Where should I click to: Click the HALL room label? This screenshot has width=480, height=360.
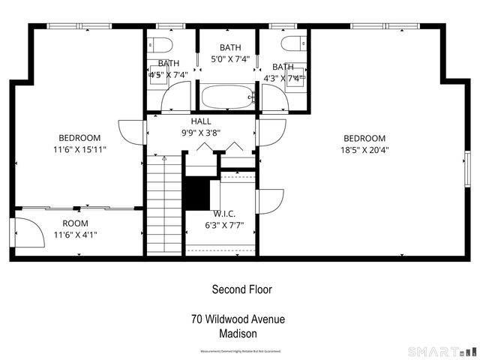(x=201, y=121)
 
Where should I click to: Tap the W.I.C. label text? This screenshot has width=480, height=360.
(x=224, y=213)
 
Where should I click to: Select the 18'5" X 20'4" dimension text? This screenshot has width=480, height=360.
(x=364, y=149)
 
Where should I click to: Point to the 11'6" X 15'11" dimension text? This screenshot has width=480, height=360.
(x=79, y=149)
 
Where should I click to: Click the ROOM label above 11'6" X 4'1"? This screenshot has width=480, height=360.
(x=75, y=223)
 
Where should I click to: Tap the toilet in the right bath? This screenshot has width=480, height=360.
(x=290, y=43)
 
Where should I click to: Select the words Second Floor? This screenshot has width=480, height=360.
(x=241, y=289)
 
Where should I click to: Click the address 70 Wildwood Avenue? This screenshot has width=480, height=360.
(x=238, y=319)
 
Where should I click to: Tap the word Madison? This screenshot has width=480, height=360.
(x=238, y=334)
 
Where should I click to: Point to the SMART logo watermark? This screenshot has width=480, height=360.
(x=442, y=351)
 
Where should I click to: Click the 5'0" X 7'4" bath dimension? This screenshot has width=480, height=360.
(x=230, y=58)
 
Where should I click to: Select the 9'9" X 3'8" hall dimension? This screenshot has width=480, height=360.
(x=201, y=133)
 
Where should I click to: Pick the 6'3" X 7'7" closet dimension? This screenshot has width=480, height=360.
(x=224, y=224)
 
